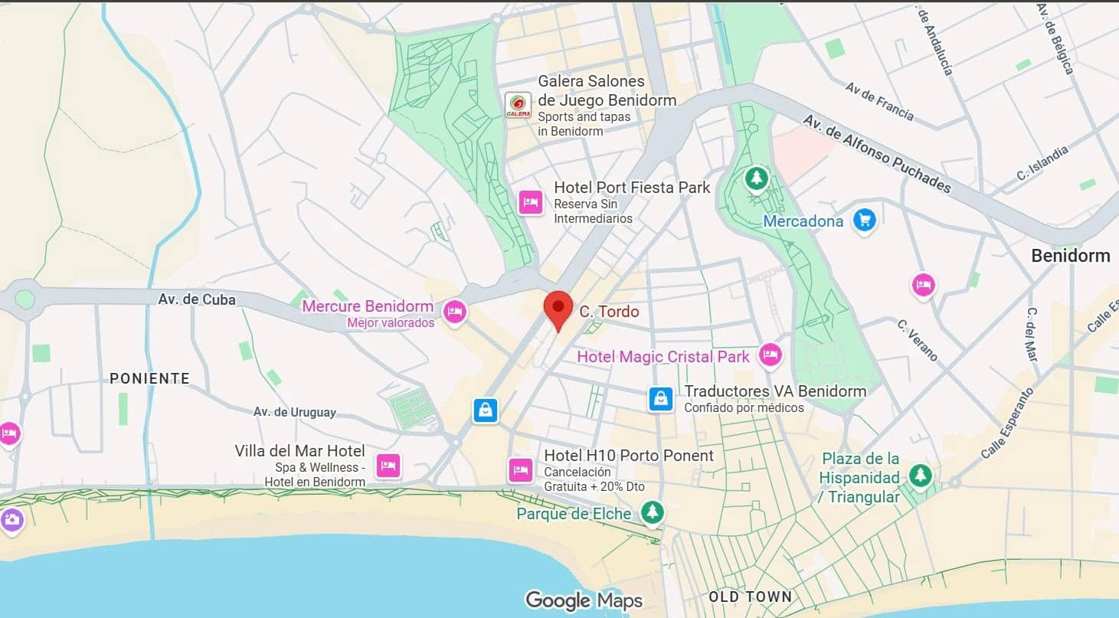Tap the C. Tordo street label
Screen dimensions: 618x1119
(609, 312)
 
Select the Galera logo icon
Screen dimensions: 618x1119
(518, 105)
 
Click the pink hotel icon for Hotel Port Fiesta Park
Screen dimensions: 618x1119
(531, 203)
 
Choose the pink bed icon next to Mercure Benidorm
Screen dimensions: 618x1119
(455, 312)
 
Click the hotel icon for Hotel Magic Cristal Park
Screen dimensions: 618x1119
(770, 355)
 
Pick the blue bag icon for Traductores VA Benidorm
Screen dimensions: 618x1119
(661, 398)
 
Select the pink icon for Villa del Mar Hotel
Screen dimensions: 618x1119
(388, 466)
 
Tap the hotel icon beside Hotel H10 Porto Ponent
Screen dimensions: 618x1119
(521, 470)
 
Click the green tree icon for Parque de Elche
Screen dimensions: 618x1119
(652, 512)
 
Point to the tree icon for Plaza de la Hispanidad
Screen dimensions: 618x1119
(920, 476)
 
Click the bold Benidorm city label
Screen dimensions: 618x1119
(1070, 256)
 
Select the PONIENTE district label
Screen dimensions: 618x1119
(149, 378)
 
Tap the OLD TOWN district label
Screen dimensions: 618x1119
(750, 597)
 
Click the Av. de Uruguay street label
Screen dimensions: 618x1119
(295, 412)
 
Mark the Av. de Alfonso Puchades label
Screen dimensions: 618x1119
(877, 154)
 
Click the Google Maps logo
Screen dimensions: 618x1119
(584, 600)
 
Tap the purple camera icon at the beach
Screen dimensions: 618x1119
(11, 521)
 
